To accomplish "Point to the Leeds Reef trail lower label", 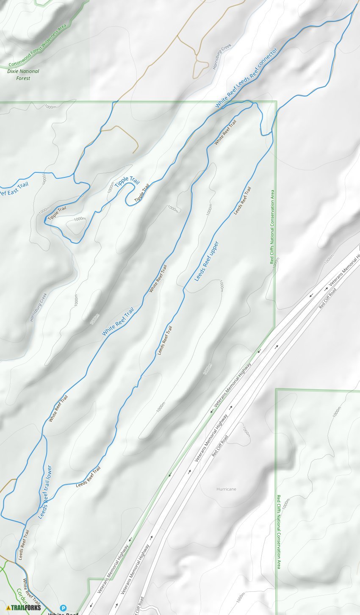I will (x=45, y=492).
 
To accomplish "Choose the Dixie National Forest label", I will (x=23, y=75).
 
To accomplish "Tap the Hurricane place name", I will (x=226, y=489).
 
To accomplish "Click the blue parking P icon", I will (x=64, y=608).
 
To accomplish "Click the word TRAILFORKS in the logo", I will (x=26, y=608).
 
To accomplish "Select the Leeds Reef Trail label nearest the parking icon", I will (x=24, y=545).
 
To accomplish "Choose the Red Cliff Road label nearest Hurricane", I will (x=220, y=446).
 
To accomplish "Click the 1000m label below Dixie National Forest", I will (x=50, y=107).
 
